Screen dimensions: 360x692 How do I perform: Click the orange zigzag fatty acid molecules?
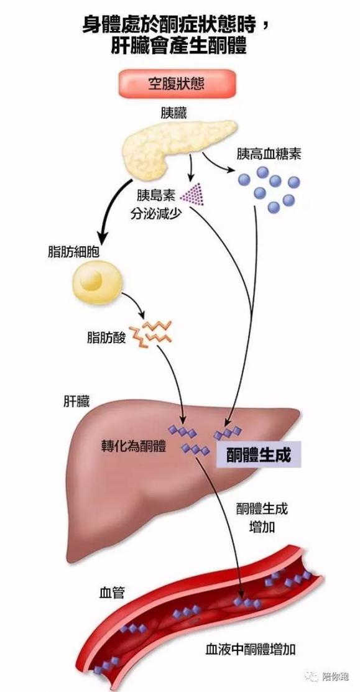[x=153, y=333]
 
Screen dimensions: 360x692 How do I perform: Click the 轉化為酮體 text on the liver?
[x=134, y=446]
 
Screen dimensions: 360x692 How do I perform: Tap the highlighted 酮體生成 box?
[x=259, y=454]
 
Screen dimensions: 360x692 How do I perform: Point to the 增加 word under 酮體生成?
[x=262, y=527]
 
